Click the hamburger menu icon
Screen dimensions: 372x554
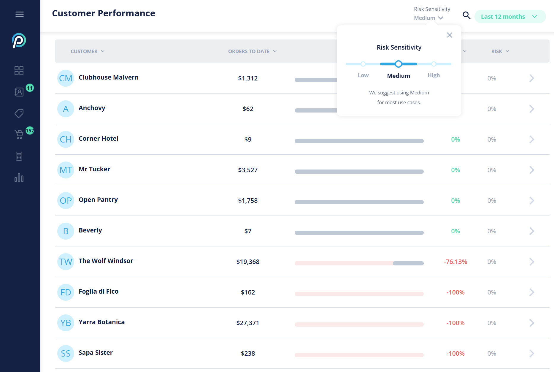pyautogui.click(x=20, y=14)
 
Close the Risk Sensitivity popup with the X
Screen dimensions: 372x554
pyautogui.click(x=449, y=35)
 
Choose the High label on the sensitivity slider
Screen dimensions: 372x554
pyautogui.click(x=434, y=75)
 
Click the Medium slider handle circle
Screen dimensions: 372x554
pyautogui.click(x=399, y=64)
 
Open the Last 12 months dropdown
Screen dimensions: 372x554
pyautogui.click(x=509, y=17)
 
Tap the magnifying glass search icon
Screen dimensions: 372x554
pyautogui.click(x=466, y=15)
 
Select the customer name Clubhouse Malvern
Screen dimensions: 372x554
pyautogui.click(x=108, y=77)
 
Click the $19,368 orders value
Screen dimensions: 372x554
pyautogui.click(x=248, y=262)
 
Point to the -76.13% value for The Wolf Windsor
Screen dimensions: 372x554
pyautogui.click(x=455, y=262)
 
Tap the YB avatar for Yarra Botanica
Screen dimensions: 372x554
pyautogui.click(x=66, y=323)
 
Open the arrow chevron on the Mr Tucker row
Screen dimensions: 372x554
pyautogui.click(x=531, y=170)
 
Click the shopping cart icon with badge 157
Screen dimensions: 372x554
pyautogui.click(x=19, y=134)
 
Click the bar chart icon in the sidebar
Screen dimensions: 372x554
pyautogui.click(x=19, y=178)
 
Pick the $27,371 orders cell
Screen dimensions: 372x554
pyautogui.click(x=248, y=323)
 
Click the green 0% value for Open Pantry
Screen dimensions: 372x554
pyautogui.click(x=455, y=201)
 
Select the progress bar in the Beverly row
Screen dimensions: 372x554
pyautogui.click(x=359, y=233)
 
